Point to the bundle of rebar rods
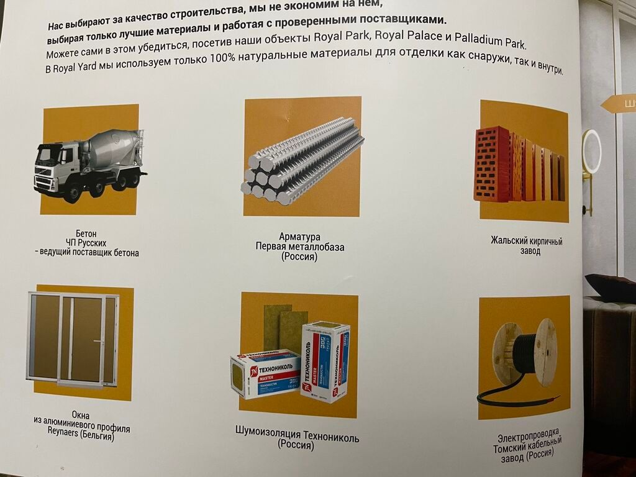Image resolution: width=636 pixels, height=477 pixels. (303, 161)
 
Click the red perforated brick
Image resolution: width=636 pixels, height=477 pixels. (492, 164)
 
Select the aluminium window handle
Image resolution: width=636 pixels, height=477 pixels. (99, 342)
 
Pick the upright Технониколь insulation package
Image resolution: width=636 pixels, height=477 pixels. (324, 361)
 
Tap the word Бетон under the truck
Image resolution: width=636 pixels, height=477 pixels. (86, 234)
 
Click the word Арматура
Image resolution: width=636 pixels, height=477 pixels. (299, 237)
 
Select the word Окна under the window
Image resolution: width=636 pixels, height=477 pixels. (80, 415)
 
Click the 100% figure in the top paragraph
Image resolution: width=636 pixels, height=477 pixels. (222, 58)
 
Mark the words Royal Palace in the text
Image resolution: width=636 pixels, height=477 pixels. (409, 35)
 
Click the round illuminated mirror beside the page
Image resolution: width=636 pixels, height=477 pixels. (592, 152)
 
